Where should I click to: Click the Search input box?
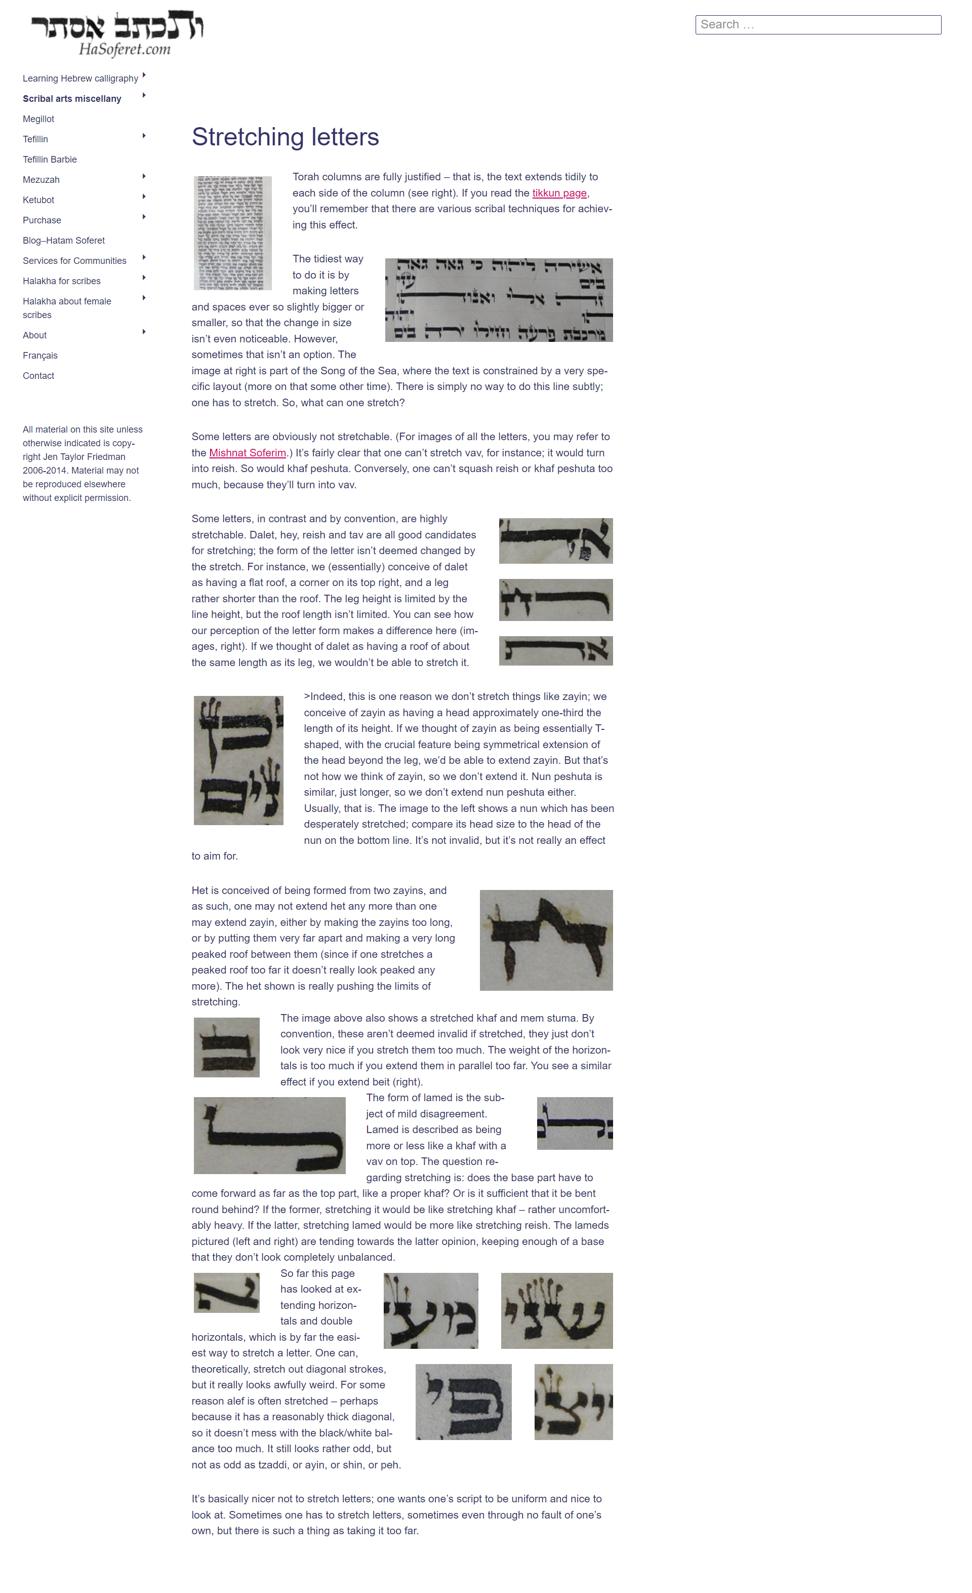tap(818, 25)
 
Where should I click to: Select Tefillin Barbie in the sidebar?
tap(50, 160)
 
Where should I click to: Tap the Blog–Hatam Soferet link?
tap(63, 241)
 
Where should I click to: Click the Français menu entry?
tap(40, 356)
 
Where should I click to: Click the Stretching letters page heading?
tap(285, 137)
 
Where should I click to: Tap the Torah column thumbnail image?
tap(233, 232)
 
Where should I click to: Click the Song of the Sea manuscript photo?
tap(498, 300)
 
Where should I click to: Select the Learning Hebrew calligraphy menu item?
tap(80, 78)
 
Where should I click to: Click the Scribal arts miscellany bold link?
tap(72, 99)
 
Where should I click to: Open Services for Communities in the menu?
tap(74, 260)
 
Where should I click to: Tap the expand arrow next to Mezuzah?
tap(143, 176)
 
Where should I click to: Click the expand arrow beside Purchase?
tap(143, 217)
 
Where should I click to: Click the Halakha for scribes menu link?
tap(61, 281)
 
